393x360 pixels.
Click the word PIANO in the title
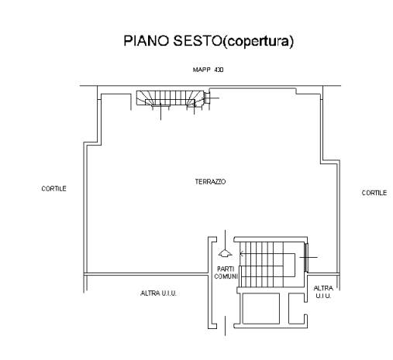pos(147,40)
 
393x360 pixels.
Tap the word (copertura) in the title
pos(258,41)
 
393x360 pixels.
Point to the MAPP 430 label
pos(208,70)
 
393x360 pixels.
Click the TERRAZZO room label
pos(210,182)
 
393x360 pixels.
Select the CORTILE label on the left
pos(53,189)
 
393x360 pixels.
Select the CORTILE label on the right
pos(374,193)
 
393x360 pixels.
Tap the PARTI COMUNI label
pos(226,273)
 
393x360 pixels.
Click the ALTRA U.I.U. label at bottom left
pos(158,293)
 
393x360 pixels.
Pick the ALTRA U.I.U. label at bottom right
pos(323,292)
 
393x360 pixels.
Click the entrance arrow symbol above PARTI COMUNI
pos(226,253)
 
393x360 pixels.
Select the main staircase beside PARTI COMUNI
pos(267,264)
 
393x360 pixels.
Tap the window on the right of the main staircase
pos(306,257)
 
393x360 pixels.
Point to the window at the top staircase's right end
pos(206,98)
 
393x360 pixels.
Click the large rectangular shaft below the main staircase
pos(261,308)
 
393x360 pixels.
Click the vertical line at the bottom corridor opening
pos(225,326)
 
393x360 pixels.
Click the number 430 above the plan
pos(219,70)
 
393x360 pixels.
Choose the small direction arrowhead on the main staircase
pos(242,254)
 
